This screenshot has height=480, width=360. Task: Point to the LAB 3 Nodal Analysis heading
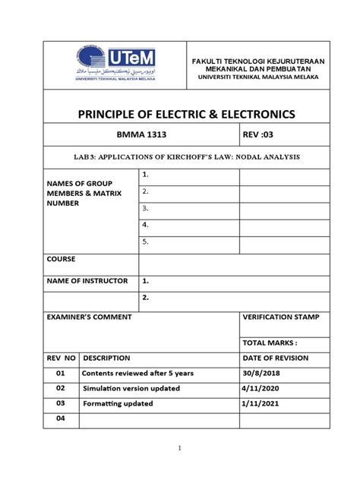click(188, 156)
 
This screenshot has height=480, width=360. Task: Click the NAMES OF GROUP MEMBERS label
click(78, 193)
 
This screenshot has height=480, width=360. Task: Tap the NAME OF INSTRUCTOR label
click(87, 281)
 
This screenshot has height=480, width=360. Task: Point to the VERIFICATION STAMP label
click(280, 316)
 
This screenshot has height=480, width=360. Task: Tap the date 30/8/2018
click(261, 373)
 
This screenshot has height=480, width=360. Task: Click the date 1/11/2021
click(261, 403)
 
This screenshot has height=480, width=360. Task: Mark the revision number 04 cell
click(61, 418)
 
